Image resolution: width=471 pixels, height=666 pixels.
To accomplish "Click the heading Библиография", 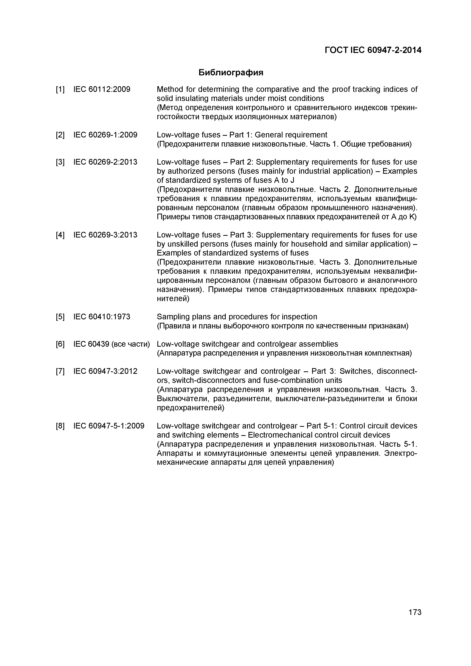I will [231, 73].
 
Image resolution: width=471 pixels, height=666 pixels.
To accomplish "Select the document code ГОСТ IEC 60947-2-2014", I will [373, 51].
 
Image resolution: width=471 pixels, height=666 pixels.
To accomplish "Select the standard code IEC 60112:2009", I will [102, 89].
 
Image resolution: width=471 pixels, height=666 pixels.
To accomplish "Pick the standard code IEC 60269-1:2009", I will [105, 135].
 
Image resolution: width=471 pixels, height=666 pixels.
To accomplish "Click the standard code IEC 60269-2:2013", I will [105, 162].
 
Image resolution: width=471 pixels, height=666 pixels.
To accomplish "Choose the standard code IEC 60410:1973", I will [102, 317].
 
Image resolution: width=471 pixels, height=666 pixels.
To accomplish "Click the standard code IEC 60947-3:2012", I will [105, 371].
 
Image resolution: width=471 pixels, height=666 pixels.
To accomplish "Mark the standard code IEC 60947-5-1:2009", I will [109, 426].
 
